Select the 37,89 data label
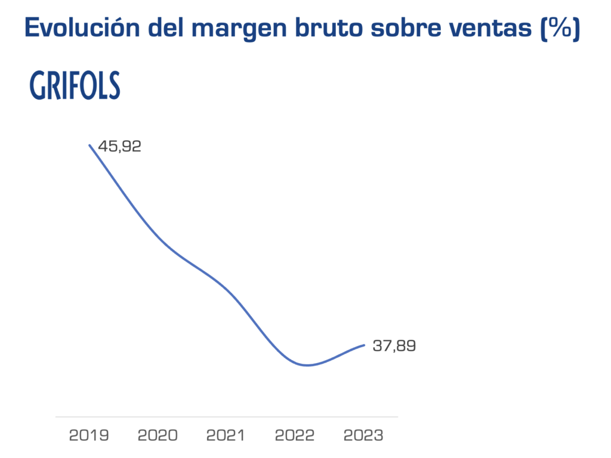[x=394, y=346]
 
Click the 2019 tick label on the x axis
[x=89, y=435]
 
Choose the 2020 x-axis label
[x=158, y=435]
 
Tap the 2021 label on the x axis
[x=226, y=435]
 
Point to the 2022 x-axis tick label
[x=295, y=435]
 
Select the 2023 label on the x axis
[x=363, y=435]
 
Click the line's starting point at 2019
[x=90, y=145]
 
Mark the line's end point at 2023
[x=364, y=345]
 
